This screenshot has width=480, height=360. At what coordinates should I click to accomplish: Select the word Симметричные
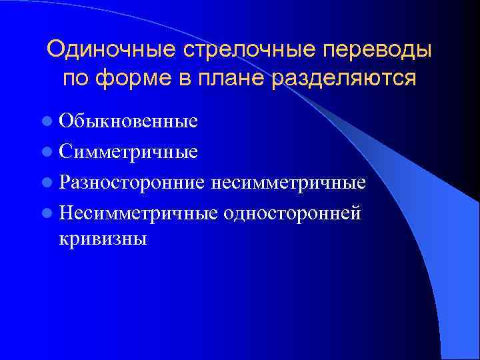pos(128,151)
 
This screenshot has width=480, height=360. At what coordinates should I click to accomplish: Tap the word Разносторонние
pos(134,182)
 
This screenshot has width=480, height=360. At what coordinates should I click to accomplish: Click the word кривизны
pos(103,238)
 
